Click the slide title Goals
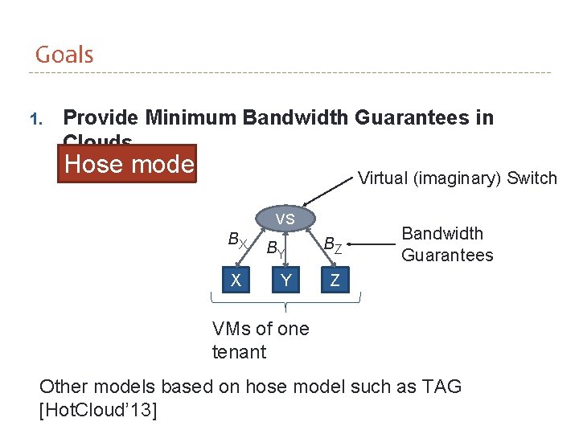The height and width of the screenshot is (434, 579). pyautogui.click(x=64, y=55)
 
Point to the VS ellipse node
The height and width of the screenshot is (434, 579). pyautogui.click(x=285, y=219)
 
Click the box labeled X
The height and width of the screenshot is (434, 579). pyautogui.click(x=235, y=280)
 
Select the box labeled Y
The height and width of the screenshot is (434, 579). pyautogui.click(x=285, y=280)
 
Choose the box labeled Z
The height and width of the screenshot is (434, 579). pyautogui.click(x=335, y=280)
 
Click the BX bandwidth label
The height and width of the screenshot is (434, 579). pyautogui.click(x=237, y=240)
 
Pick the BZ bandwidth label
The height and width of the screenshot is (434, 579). pyautogui.click(x=333, y=244)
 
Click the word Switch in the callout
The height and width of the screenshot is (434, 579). pyautogui.click(x=532, y=178)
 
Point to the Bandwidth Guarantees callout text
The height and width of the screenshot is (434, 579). pyautogui.click(x=446, y=244)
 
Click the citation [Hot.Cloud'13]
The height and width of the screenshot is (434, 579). pyautogui.click(x=98, y=411)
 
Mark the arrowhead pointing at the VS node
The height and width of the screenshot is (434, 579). pyautogui.click(x=305, y=204)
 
